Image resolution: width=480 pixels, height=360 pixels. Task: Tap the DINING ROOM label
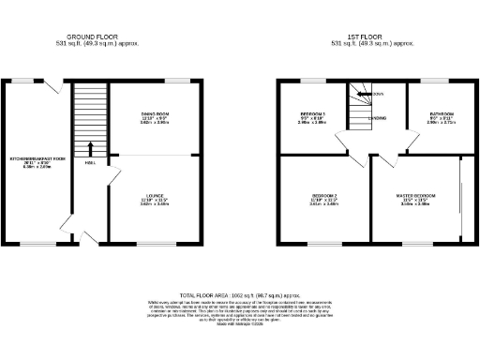coord(154,113)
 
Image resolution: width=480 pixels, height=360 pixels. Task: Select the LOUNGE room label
coord(154,194)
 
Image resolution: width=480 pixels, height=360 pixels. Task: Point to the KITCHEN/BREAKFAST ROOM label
coord(37,159)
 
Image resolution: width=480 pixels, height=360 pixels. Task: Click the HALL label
coord(90,163)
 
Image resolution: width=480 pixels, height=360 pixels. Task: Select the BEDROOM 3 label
coord(312,113)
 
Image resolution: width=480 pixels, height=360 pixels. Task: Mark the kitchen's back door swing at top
coord(62,87)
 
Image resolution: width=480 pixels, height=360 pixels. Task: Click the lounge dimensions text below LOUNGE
coord(154,203)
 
